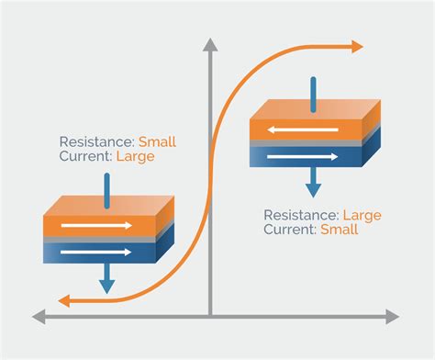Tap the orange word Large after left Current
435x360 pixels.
tap(135, 156)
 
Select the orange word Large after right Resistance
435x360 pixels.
tap(360, 214)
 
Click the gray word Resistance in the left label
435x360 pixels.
tap(95, 141)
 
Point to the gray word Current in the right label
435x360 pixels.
tap(289, 229)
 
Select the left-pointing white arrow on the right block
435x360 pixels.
tap(300, 132)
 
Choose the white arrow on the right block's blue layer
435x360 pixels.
tap(300, 157)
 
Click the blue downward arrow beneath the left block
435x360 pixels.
tap(107, 278)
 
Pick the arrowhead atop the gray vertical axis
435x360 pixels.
tap(211, 43)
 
